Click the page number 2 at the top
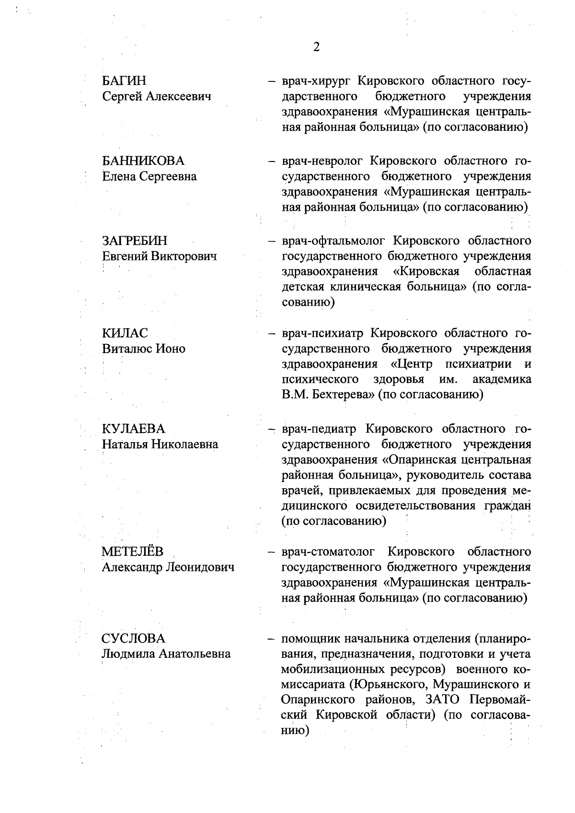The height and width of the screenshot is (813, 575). (x=316, y=46)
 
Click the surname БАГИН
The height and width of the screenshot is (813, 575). (x=124, y=80)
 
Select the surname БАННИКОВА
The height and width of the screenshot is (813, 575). (x=143, y=160)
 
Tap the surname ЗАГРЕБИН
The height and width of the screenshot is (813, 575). (x=135, y=240)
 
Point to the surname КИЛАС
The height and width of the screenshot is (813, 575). (x=125, y=333)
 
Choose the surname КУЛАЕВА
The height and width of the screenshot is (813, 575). (x=133, y=428)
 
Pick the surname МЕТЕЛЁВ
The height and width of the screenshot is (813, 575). (x=133, y=552)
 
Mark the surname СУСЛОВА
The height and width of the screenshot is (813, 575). (x=133, y=638)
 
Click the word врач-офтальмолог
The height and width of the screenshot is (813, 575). (x=333, y=240)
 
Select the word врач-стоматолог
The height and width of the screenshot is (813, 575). (x=331, y=552)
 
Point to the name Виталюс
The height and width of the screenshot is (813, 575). (x=126, y=349)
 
